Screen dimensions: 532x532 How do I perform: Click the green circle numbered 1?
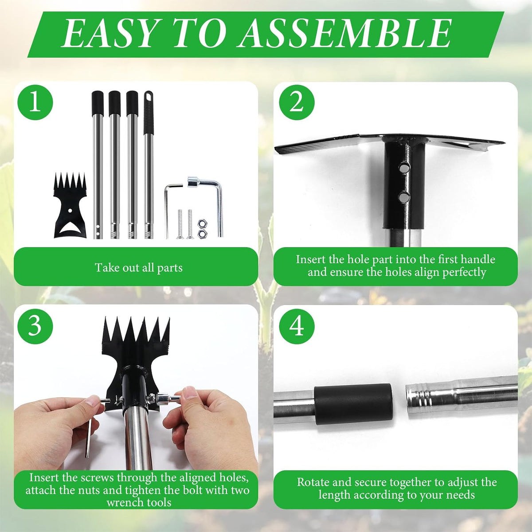click(x=35, y=102)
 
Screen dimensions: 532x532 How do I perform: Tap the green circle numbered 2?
click(x=297, y=102)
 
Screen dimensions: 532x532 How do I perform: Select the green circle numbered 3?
click(x=35, y=326)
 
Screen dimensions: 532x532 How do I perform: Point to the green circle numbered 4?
click(x=297, y=326)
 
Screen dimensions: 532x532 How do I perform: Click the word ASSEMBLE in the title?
click(x=345, y=34)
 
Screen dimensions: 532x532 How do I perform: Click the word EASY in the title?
click(x=108, y=34)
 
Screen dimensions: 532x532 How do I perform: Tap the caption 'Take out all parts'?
click(x=139, y=267)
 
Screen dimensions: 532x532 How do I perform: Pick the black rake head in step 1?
click(x=70, y=205)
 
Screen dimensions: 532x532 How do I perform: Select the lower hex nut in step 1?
click(x=201, y=233)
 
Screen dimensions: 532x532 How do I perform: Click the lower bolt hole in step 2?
click(x=404, y=197)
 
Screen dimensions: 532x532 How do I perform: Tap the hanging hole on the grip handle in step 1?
click(x=149, y=97)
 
